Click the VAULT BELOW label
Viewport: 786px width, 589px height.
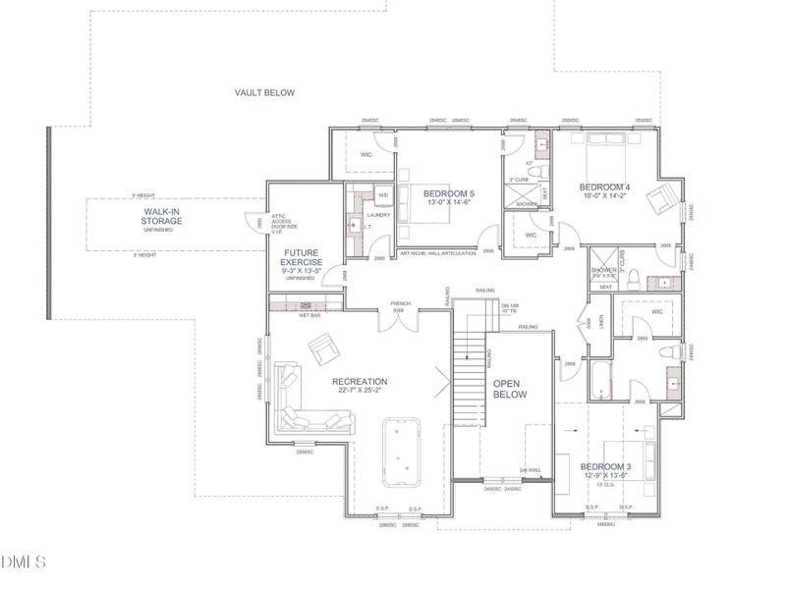(x=264, y=92)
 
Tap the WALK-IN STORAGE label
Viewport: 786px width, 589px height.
(x=163, y=217)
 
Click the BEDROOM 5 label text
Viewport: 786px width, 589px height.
(x=449, y=193)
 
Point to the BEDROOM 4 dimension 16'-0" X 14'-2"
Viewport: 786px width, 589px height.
(x=604, y=196)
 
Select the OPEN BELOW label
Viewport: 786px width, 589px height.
(x=511, y=389)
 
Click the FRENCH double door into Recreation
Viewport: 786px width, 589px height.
(x=400, y=318)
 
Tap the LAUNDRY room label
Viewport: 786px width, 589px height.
(x=378, y=215)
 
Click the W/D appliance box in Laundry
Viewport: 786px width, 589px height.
(x=384, y=194)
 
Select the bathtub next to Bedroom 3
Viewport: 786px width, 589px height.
(x=601, y=380)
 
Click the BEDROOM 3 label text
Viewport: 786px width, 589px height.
(x=604, y=466)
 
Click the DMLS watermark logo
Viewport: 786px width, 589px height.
(x=24, y=562)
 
